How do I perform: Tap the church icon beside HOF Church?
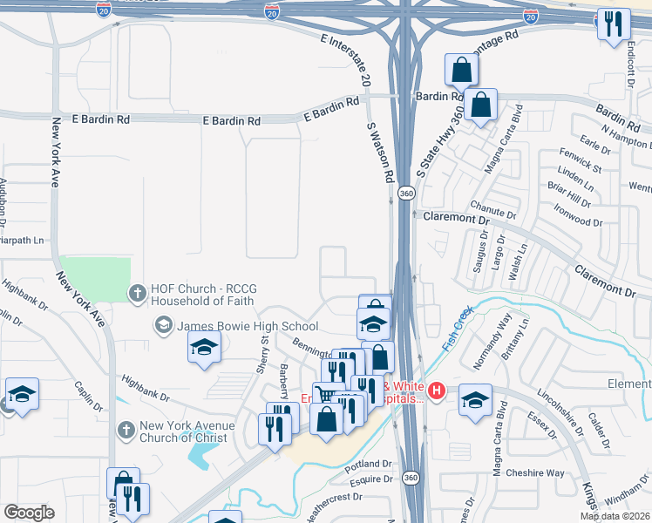pos(137,294)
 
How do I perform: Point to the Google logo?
pos(29,513)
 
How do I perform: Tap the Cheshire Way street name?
pos(538,473)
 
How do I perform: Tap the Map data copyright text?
pos(615,516)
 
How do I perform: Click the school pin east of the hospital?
pos(475,401)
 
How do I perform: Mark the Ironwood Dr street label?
pos(577,215)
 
